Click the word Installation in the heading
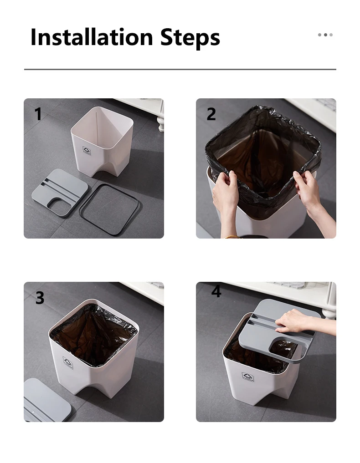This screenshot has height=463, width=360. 92,37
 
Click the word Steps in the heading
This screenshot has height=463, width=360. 190,38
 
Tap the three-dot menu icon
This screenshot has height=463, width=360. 325,35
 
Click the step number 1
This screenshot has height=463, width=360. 38,114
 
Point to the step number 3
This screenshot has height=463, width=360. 40,298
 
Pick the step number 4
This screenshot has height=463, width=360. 216,291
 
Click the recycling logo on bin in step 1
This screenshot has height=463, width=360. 87,151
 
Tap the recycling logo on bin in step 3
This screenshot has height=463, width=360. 68,362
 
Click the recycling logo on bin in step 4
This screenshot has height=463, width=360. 248,377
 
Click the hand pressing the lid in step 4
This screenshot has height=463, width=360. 293,321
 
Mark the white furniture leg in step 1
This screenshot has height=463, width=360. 161,123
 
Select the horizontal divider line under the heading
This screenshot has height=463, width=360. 180,69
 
